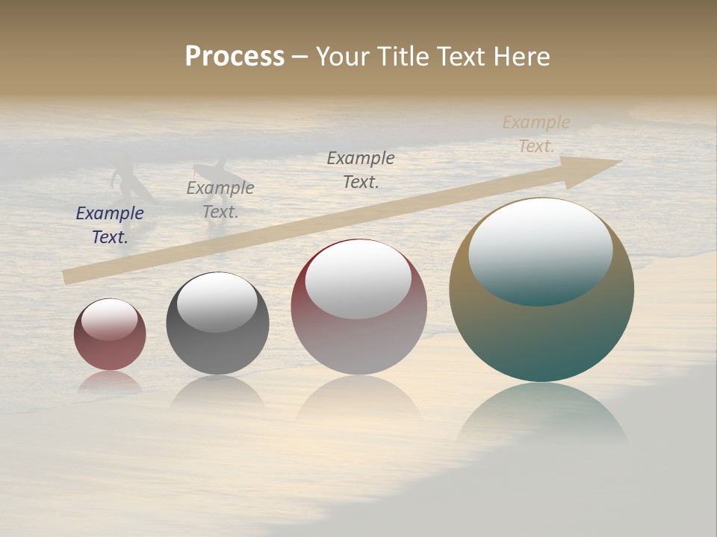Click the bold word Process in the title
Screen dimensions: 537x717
235,57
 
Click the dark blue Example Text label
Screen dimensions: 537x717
110,224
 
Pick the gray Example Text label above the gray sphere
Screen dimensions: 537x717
220,200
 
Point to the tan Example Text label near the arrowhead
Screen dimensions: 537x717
536,134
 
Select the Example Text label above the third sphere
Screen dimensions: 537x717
361,169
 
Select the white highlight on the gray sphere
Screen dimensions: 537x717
217,301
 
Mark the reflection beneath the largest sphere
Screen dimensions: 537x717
541,414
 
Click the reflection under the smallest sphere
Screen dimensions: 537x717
110,382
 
